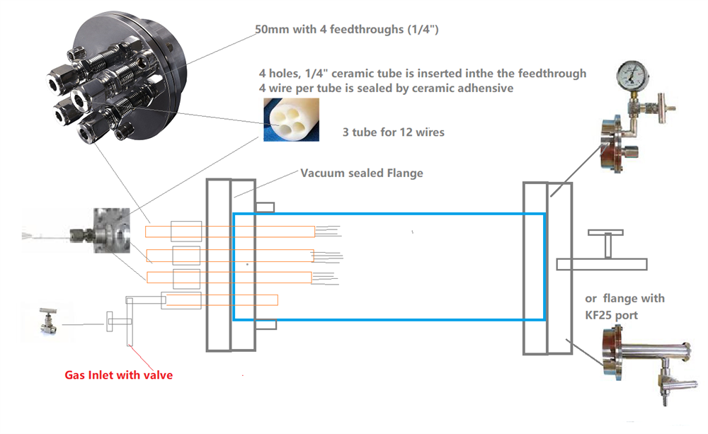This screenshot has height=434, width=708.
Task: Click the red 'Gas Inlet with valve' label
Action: [118, 375]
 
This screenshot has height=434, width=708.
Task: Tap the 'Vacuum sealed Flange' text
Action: [362, 173]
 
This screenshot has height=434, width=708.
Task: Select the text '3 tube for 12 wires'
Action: [392, 132]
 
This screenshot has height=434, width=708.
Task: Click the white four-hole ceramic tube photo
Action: [290, 119]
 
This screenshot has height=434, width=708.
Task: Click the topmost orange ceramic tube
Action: [230, 232]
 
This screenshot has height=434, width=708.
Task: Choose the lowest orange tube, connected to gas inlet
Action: [219, 300]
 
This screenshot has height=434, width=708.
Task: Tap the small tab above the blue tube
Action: [265, 207]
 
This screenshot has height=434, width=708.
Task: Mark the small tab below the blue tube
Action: [265, 326]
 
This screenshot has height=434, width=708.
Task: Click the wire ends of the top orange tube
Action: [329, 231]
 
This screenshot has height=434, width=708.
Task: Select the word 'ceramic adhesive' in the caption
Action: [473, 88]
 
